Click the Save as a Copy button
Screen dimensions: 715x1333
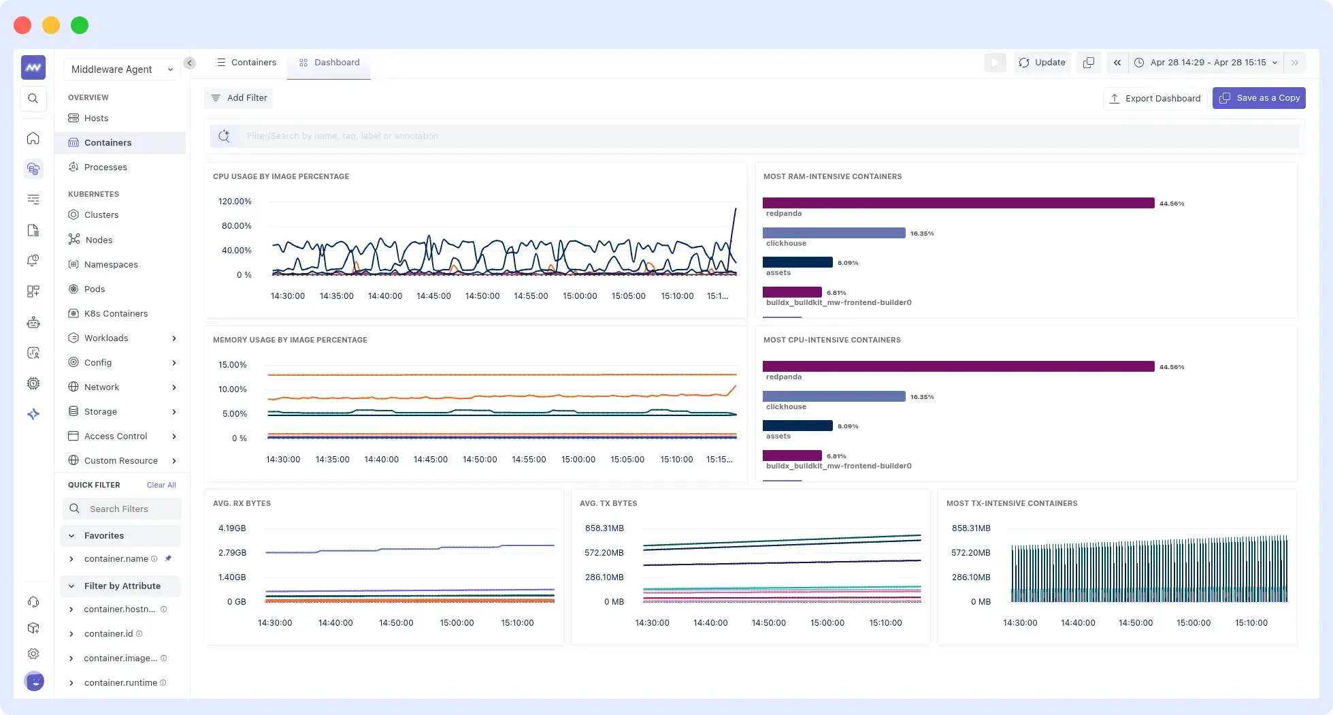(x=1259, y=98)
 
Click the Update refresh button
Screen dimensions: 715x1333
(x=1042, y=63)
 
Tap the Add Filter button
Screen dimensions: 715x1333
(x=239, y=98)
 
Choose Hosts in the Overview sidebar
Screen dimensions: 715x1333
(x=96, y=118)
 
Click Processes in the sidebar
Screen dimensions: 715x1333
(x=105, y=168)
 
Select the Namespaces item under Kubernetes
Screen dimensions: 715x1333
(x=111, y=265)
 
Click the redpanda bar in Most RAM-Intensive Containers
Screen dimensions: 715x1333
(x=958, y=203)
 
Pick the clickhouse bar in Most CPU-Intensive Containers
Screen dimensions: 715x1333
(x=834, y=396)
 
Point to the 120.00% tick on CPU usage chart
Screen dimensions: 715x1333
(x=235, y=202)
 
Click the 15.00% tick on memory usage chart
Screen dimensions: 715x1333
(x=232, y=365)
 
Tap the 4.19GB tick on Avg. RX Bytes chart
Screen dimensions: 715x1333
(x=232, y=528)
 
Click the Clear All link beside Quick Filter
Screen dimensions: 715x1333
(x=161, y=486)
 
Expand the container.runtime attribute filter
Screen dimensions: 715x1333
(x=71, y=683)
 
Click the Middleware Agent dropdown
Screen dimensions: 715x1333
(x=122, y=69)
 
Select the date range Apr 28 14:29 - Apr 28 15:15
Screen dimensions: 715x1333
(x=1208, y=63)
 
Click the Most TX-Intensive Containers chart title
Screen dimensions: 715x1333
(x=1011, y=504)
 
